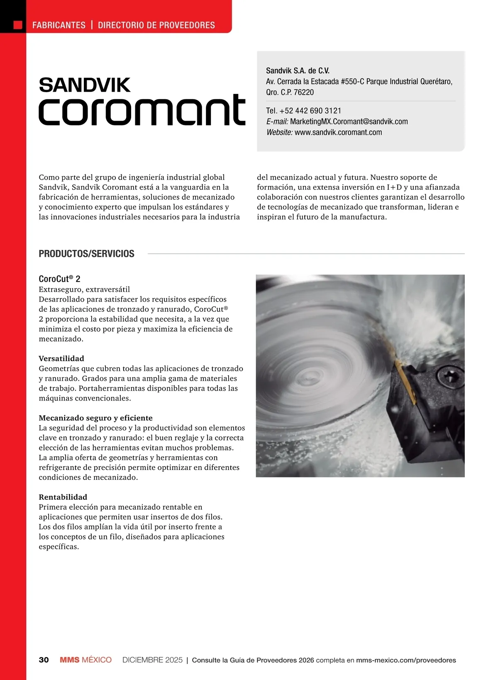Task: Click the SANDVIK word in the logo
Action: coord(85,85)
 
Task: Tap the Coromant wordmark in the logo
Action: coord(142,110)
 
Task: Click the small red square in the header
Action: coord(18,25)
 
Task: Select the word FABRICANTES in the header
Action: coord(59,25)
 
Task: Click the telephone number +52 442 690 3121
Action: coord(310,111)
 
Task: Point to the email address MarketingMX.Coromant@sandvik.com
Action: coord(349,122)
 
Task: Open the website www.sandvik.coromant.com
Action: coord(338,132)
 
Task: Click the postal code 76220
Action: coord(304,92)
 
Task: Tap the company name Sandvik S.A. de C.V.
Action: coord(298,71)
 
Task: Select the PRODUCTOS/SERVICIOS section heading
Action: coord(86,254)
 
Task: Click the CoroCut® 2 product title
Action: coord(59,279)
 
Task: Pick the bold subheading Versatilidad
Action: coord(61,358)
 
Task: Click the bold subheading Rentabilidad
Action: coord(63,497)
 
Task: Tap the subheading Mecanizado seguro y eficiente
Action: coord(95,418)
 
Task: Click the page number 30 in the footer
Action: coord(44,660)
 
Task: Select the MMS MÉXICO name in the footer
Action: coord(85,660)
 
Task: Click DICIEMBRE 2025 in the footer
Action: coord(152,660)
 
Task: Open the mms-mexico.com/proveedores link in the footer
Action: coord(406,660)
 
